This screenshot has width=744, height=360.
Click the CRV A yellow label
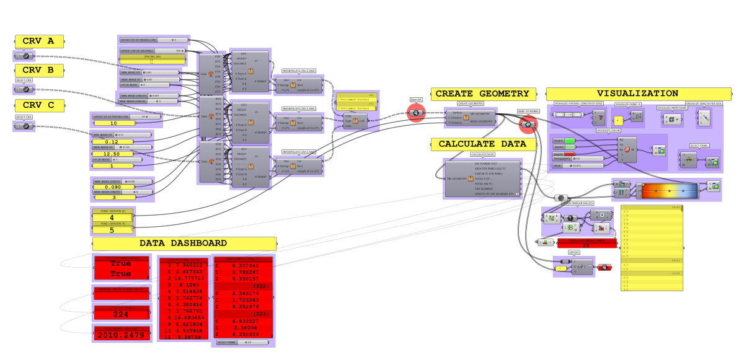39,42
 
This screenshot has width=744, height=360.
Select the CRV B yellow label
39,70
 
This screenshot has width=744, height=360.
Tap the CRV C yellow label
39,105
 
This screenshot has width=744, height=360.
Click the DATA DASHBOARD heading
184,244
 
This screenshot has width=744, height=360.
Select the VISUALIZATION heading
638,94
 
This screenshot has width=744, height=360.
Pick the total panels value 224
121,314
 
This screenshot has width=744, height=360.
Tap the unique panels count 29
587,245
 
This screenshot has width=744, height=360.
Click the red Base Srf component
415,113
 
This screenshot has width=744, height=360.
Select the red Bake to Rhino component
528,125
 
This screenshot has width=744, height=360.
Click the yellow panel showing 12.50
112,154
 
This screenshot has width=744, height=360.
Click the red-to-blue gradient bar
668,191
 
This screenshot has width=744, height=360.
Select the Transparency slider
577,159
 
